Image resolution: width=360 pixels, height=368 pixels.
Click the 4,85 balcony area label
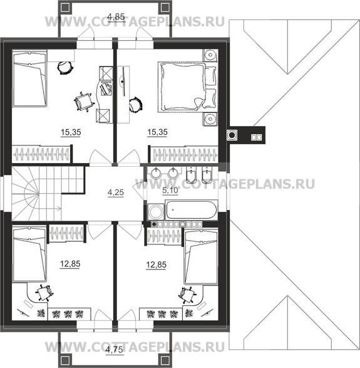pos(116,17)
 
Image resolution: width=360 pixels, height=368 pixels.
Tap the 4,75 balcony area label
pos(114,350)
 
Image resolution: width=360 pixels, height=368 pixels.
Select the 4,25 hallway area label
pos(116,192)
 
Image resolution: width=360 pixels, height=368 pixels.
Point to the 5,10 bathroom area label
pos(170,191)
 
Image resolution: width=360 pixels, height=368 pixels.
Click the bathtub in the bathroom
pos(192,210)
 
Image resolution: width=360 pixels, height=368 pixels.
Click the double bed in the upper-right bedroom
pos(187,87)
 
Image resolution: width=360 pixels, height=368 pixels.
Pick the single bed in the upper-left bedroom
pos(29,80)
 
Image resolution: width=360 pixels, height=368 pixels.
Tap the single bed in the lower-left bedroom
pos(29,254)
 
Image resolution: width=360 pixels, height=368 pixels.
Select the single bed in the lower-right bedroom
pos(201,257)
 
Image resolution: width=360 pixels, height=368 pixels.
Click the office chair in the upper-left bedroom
pos(83,102)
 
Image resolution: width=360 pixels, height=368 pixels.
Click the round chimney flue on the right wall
pos(232,135)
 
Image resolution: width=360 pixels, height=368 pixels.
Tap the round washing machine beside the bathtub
pos(156,212)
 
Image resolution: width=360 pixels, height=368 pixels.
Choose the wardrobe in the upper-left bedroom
pos(41,154)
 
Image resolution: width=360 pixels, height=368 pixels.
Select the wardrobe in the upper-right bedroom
pos(185,155)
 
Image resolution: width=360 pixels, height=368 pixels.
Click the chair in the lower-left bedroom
pos(44,293)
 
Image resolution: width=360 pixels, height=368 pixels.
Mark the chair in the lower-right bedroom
pos(187,295)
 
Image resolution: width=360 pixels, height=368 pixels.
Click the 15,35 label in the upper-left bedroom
pos(71,132)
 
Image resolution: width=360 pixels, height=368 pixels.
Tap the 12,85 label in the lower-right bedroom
pos(156,265)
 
